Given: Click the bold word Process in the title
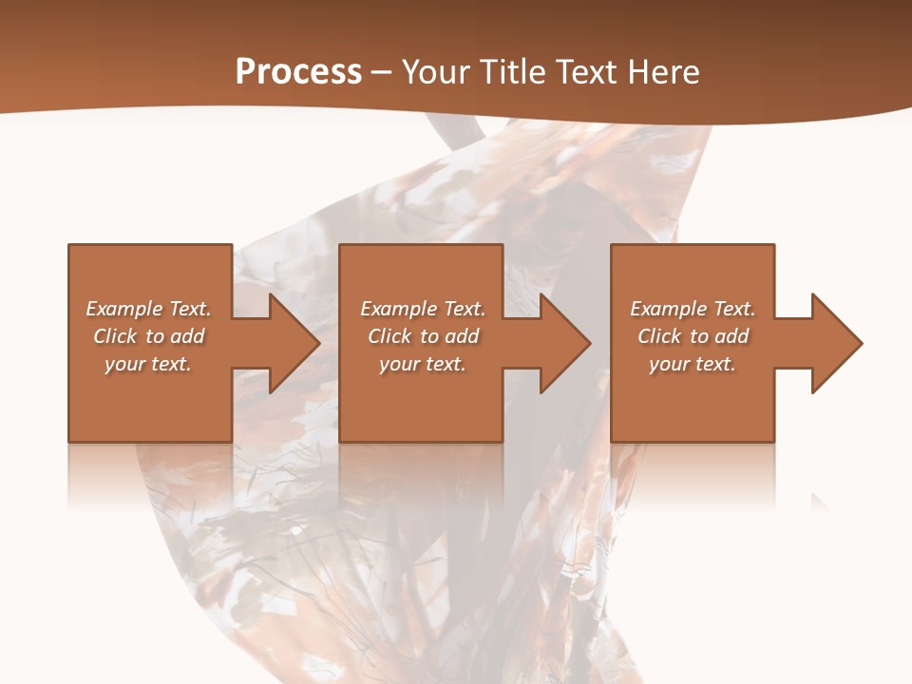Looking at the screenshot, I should (x=298, y=72).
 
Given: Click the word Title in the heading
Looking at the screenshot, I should (x=512, y=72).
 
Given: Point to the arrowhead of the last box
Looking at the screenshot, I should (x=835, y=343).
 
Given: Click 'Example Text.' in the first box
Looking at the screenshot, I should (x=148, y=309).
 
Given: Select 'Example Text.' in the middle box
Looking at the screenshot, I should (x=422, y=309).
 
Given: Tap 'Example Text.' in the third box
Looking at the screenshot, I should (x=693, y=309).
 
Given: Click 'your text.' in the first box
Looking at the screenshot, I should (x=148, y=364).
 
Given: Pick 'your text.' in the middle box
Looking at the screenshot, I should (x=422, y=364).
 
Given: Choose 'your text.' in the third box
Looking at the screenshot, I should (x=693, y=364).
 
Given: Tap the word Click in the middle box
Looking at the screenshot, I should (x=389, y=336).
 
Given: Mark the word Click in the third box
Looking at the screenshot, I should (x=659, y=336).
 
